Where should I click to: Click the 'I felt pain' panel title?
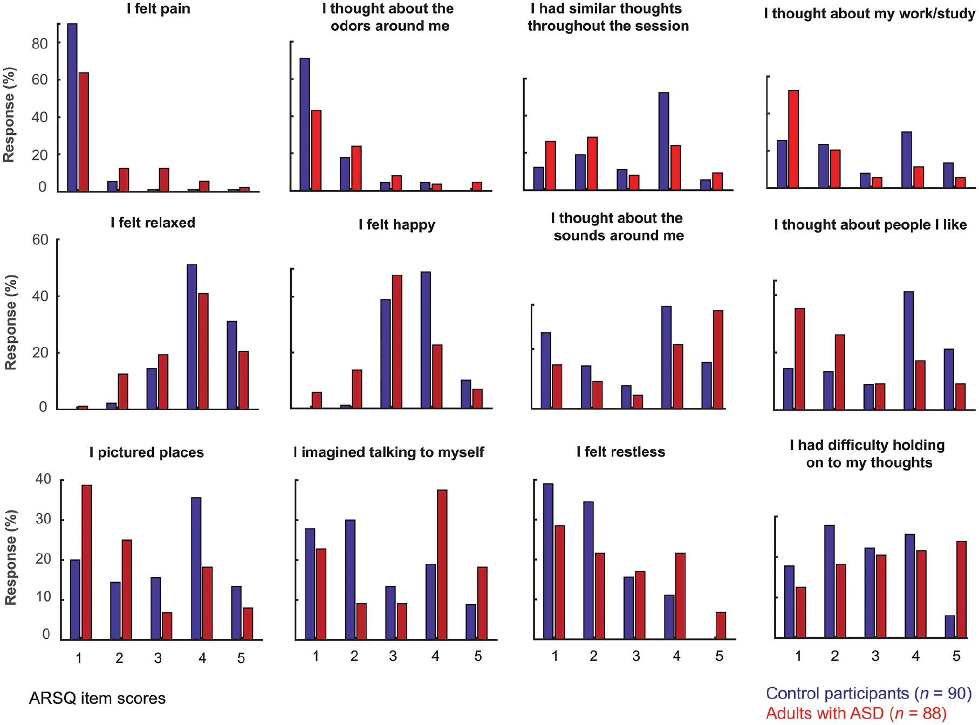click(x=159, y=9)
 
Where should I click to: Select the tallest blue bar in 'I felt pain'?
click(x=72, y=107)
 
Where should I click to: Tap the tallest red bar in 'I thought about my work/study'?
click(x=793, y=139)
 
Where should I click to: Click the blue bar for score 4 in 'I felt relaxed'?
click(x=192, y=337)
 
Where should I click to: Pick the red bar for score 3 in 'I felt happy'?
click(x=397, y=342)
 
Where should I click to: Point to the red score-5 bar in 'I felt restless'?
click(x=721, y=625)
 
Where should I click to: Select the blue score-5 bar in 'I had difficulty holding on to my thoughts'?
click(x=950, y=626)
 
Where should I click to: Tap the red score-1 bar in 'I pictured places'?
click(x=87, y=562)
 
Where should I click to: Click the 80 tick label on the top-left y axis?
click(x=40, y=44)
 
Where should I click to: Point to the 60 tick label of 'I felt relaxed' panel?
click(x=40, y=240)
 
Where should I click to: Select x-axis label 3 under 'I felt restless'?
click(x=636, y=656)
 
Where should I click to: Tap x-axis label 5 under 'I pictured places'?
click(x=241, y=658)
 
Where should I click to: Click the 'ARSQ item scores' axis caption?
click(x=97, y=699)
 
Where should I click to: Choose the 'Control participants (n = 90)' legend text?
click(x=869, y=693)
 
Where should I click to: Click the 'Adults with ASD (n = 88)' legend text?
click(x=857, y=713)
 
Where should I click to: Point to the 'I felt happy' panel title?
click(x=397, y=225)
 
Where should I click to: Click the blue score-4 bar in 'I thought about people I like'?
click(x=909, y=351)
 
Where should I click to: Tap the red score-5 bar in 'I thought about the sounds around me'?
click(x=718, y=360)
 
